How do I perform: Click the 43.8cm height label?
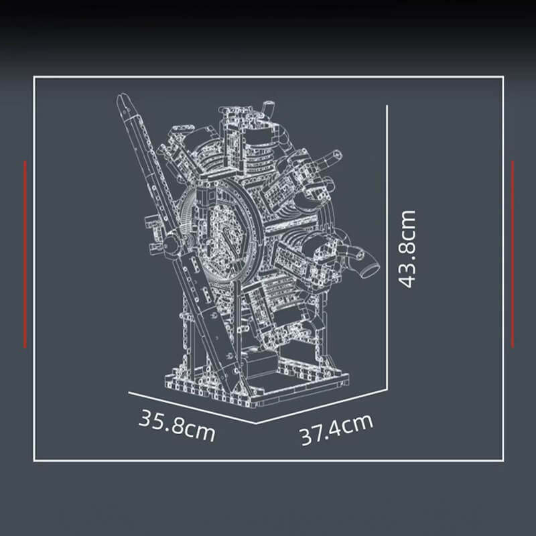(407, 249)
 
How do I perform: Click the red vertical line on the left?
(25, 254)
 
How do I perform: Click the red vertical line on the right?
(513, 254)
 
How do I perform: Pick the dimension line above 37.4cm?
(322, 405)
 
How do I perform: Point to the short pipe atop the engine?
(269, 108)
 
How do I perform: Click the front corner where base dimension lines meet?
(257, 423)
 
